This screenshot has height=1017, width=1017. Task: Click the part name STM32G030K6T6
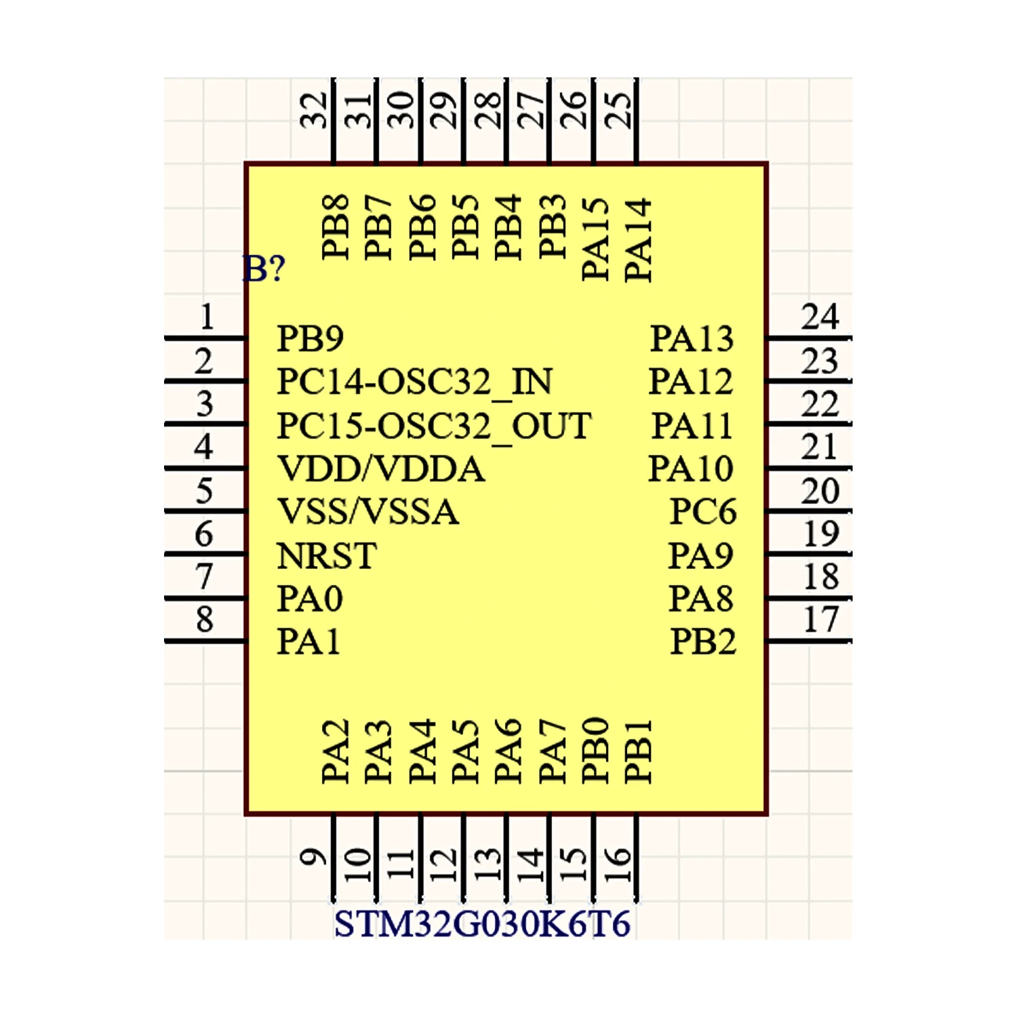pyautogui.click(x=482, y=924)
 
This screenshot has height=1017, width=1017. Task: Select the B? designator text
pyautogui.click(x=264, y=269)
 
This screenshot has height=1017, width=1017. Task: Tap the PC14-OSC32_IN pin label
pyautogui.click(x=414, y=382)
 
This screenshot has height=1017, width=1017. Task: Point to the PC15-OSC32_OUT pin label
pyautogui.click(x=434, y=426)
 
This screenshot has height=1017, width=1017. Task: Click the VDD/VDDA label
pyautogui.click(x=381, y=469)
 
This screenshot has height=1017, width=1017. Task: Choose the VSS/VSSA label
pyautogui.click(x=368, y=512)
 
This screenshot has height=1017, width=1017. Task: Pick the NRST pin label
pyautogui.click(x=326, y=556)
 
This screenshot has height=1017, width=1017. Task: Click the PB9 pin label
pyautogui.click(x=310, y=338)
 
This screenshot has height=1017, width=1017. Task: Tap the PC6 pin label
pyautogui.click(x=702, y=512)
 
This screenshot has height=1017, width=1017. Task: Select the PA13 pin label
pyautogui.click(x=692, y=338)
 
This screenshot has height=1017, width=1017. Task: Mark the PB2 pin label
pyautogui.click(x=702, y=641)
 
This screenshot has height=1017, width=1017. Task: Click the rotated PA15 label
pyautogui.click(x=596, y=239)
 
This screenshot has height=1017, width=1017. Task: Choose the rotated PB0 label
pyautogui.click(x=596, y=751)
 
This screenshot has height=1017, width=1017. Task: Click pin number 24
pyautogui.click(x=820, y=317)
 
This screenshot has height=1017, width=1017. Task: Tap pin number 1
pyautogui.click(x=207, y=317)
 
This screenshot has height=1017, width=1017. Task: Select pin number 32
pyautogui.click(x=315, y=110)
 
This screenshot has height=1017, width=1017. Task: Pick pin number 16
pyautogui.click(x=618, y=864)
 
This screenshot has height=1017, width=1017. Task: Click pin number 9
pyautogui.click(x=313, y=858)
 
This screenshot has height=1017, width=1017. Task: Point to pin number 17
pyautogui.click(x=820, y=620)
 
